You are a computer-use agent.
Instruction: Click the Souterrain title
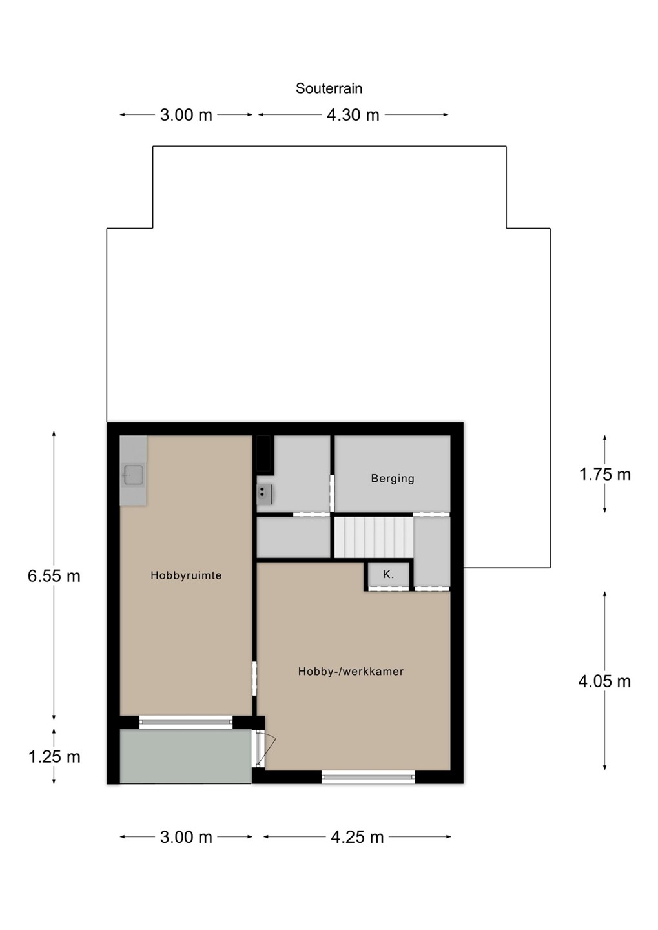point(329,88)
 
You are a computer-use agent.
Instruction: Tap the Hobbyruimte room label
point(186,575)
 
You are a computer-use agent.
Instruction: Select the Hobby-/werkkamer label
point(351,672)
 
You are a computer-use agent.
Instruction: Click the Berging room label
point(393,479)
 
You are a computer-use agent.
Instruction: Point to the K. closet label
point(388,574)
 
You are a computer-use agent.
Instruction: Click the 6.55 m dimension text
point(54,576)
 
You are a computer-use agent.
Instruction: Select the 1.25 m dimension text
point(54,757)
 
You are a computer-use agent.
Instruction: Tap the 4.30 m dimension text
point(353,115)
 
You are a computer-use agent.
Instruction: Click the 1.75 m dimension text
point(605,474)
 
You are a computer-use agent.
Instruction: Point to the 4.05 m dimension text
point(604,681)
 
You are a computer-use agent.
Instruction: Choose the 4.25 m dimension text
point(357,837)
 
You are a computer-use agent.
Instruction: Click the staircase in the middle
point(374,537)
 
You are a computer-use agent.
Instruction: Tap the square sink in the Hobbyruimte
point(133,474)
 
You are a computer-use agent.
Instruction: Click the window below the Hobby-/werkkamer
point(368,777)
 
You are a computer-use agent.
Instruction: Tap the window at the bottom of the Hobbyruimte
point(186,723)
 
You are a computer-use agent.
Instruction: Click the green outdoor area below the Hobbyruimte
point(185,756)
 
